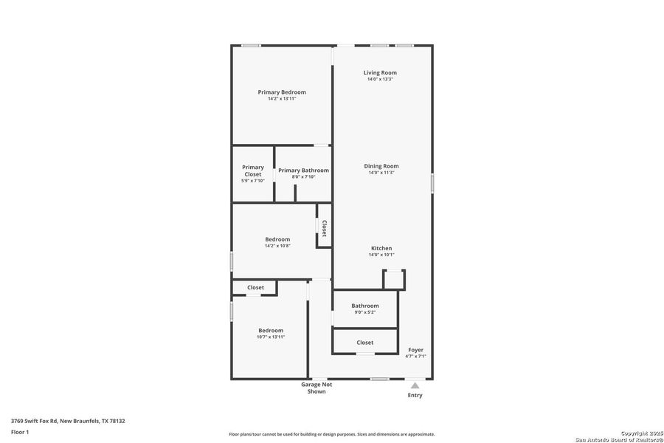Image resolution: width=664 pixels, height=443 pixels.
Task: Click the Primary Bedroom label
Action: click(x=282, y=92)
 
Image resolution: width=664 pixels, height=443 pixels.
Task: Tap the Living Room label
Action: click(x=380, y=72)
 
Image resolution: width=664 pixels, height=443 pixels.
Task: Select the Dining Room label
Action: click(x=381, y=166)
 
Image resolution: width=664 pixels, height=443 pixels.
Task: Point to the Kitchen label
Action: click(x=381, y=248)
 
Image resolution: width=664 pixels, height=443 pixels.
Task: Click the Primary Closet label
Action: click(x=252, y=171)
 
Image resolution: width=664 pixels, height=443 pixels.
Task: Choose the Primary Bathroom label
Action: click(x=303, y=171)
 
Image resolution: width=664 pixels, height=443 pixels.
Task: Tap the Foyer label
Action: click(x=415, y=350)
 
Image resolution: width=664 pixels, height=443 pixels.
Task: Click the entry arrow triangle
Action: click(x=415, y=385)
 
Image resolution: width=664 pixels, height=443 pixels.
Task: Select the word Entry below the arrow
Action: click(x=415, y=396)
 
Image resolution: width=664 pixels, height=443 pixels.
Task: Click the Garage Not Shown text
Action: click(x=317, y=388)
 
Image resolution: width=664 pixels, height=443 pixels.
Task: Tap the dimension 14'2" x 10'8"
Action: click(x=277, y=246)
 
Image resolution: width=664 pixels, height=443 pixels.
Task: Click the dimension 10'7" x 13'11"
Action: click(x=271, y=337)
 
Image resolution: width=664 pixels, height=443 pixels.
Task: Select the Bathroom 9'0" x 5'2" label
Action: click(x=365, y=309)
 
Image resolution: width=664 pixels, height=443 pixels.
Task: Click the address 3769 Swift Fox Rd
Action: click(x=68, y=421)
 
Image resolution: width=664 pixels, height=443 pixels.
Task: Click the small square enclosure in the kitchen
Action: click(x=394, y=279)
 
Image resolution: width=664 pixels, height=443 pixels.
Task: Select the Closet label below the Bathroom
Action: click(x=364, y=343)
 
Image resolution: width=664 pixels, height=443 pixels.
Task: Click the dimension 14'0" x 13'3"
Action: click(x=380, y=79)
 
